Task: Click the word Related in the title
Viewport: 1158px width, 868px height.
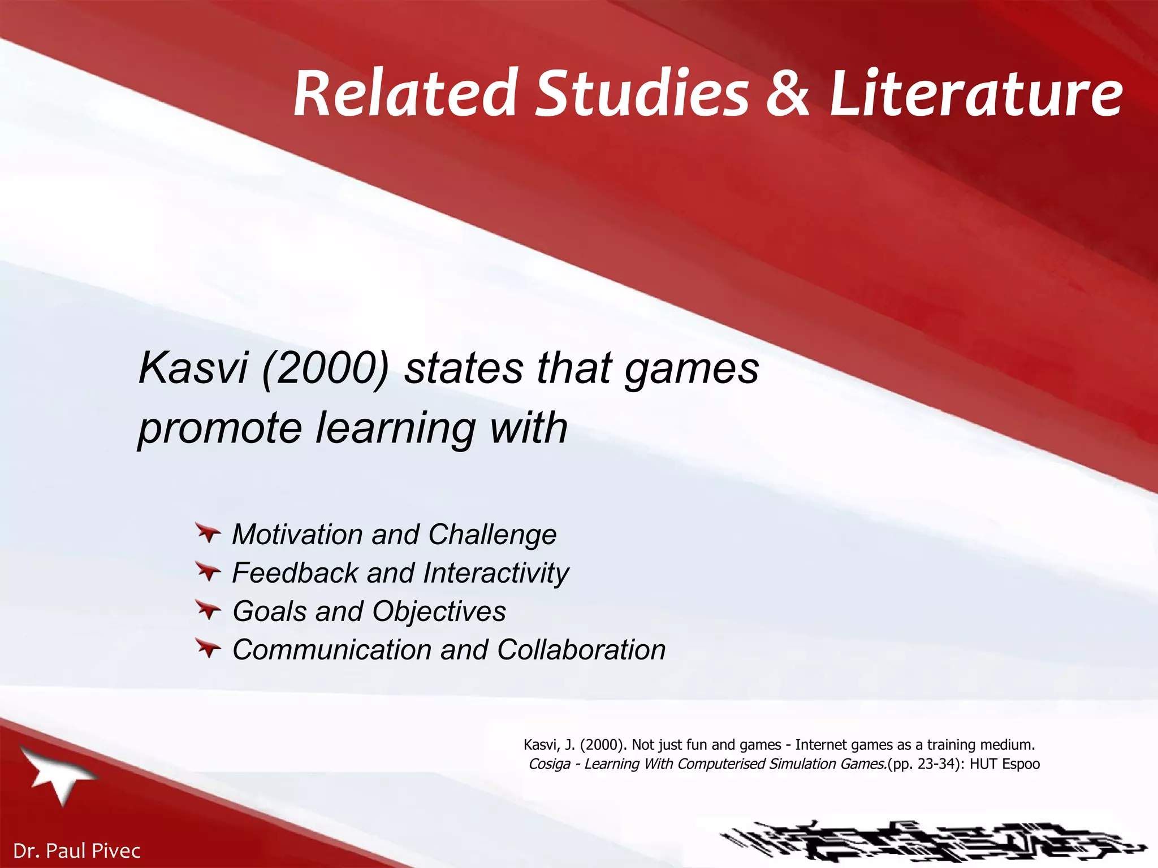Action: click(x=405, y=93)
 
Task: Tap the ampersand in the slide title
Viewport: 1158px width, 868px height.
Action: click(x=788, y=93)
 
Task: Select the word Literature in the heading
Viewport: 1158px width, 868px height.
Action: click(x=976, y=93)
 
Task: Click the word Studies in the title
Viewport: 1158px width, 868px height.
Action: click(x=642, y=93)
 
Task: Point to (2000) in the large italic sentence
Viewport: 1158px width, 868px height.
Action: click(x=325, y=368)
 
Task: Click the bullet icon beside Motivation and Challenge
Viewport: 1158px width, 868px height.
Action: click(x=208, y=532)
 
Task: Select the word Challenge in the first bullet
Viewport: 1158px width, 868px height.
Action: click(x=492, y=535)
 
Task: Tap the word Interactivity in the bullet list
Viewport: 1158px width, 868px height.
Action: click(x=496, y=573)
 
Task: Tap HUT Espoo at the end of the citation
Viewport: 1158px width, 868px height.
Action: click(x=1005, y=765)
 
